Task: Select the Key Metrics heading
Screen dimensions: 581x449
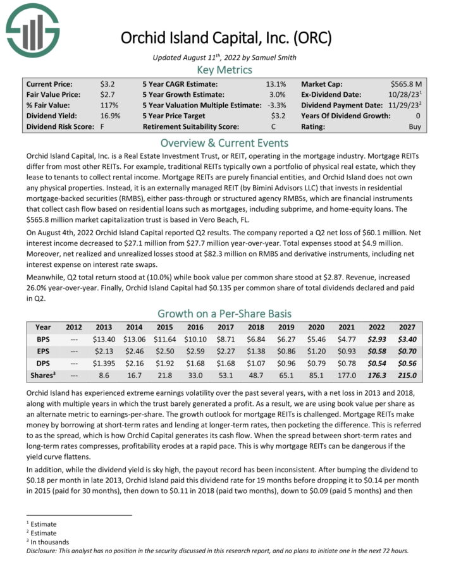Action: point(225,70)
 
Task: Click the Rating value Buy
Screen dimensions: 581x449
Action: point(419,126)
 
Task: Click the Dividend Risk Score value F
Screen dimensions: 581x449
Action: point(102,126)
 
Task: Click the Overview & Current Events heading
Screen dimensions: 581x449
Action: point(225,143)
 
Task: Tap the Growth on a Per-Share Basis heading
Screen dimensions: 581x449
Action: point(225,314)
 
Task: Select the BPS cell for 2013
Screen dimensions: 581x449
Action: point(103,339)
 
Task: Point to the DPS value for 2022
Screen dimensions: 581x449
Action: point(377,364)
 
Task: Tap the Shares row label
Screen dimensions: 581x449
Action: point(43,376)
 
